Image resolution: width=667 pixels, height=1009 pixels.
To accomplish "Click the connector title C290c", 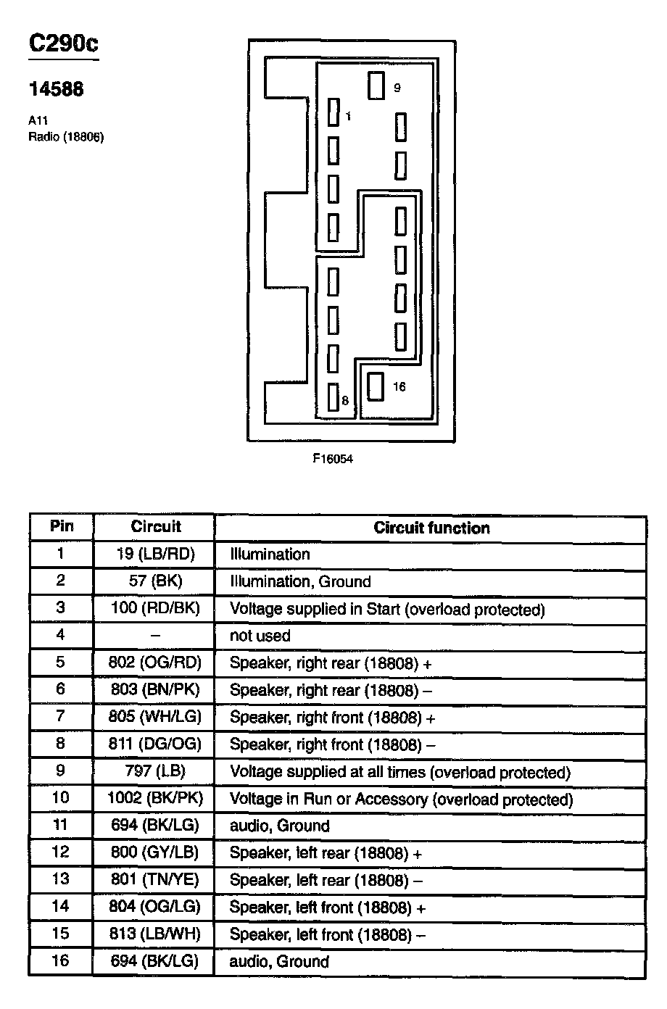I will [63, 44].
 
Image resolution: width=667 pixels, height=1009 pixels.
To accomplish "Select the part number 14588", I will [56, 89].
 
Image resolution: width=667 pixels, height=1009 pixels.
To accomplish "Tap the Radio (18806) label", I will [66, 137].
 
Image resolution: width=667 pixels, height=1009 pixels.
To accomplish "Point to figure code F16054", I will [333, 458].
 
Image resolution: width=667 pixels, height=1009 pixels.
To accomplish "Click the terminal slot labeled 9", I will [376, 86].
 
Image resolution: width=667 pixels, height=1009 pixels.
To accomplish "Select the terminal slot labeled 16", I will [375, 386].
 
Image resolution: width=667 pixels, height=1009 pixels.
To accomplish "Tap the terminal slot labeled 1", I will [333, 113].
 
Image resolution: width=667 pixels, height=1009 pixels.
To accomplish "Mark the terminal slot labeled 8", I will [333, 398].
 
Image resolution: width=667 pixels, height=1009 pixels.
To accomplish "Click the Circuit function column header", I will [431, 528].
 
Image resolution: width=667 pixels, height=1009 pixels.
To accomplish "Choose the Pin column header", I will [62, 526].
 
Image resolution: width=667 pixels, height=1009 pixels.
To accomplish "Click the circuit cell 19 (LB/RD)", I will [154, 555].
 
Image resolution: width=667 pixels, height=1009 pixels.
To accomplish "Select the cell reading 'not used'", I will [260, 636].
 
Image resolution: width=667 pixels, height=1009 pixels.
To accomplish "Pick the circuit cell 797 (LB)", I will [154, 772].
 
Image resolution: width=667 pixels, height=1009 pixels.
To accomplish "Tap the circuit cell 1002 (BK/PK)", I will [154, 799].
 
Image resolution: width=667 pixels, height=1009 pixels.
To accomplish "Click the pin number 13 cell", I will [61, 879].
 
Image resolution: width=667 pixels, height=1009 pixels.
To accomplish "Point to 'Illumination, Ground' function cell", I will [300, 581].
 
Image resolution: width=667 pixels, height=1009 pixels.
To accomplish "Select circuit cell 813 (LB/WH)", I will [154, 934].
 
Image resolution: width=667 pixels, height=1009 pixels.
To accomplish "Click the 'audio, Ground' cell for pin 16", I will [279, 962].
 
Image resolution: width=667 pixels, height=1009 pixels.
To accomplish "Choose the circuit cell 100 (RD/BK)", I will [154, 608].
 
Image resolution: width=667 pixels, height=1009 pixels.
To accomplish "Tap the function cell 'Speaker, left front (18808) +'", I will [327, 907].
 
